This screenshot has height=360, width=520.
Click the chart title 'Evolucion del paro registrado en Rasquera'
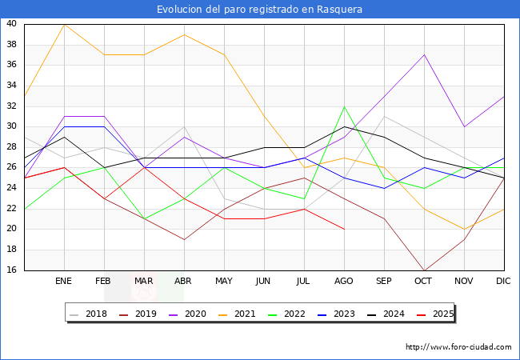pos(260,10)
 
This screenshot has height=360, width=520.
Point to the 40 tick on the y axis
pos(12,24)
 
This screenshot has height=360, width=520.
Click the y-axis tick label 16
pos(12,270)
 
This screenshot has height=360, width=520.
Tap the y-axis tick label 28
pos(12,147)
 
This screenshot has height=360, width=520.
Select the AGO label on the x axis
pos(344,282)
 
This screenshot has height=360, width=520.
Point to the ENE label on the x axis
pos(64,282)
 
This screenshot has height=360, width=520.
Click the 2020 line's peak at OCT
pos(424,54)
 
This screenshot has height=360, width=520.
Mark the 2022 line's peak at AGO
pos(344,106)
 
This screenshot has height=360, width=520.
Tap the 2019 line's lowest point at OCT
pos(424,270)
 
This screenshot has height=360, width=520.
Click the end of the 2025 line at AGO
pos(344,229)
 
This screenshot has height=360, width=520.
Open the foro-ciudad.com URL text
pos(458,347)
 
